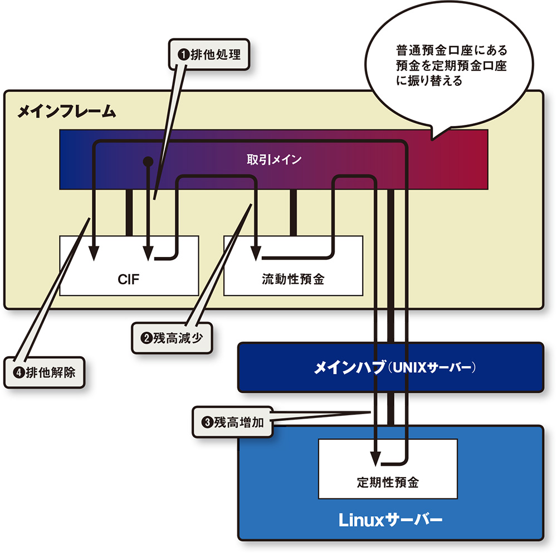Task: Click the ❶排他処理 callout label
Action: tap(208, 55)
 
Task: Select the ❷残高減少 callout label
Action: tap(172, 337)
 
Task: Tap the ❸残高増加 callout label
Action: tap(232, 422)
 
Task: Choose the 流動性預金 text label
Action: tap(292, 279)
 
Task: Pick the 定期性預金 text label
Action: tap(388, 482)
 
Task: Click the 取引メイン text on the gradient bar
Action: tap(274, 160)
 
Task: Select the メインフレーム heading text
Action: tap(66, 111)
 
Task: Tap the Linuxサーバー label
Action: tap(390, 521)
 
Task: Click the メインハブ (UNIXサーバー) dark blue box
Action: tap(390, 367)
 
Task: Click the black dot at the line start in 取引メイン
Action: tap(148, 162)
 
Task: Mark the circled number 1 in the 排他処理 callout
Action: tap(183, 55)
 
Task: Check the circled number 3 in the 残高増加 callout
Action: tap(207, 422)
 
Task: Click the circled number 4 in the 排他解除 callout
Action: tap(18, 373)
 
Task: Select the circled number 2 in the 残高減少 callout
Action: tap(146, 337)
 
